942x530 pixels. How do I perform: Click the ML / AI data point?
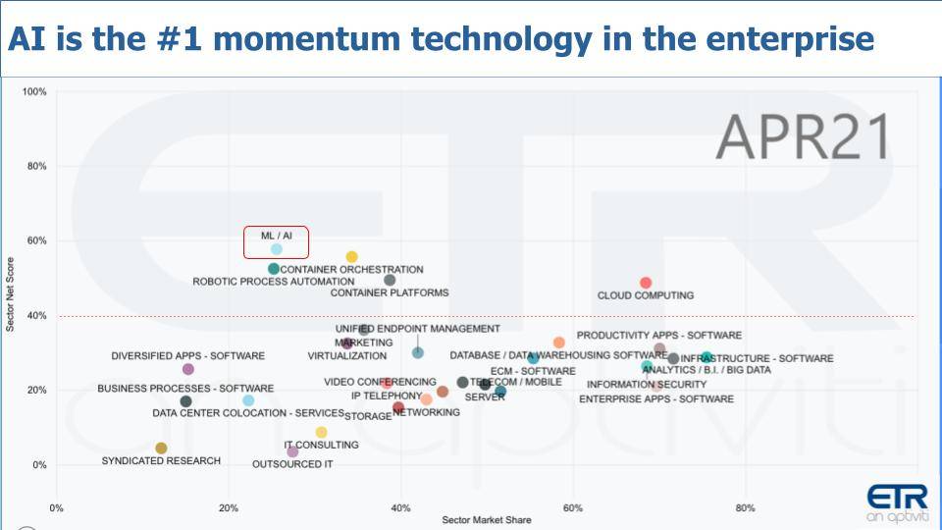277,249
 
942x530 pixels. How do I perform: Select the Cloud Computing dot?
646,283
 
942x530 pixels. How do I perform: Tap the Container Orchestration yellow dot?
351,257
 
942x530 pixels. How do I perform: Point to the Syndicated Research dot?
161,449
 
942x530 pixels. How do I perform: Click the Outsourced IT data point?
292,451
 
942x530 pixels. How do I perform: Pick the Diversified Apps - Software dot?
188,369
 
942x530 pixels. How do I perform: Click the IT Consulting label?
307,445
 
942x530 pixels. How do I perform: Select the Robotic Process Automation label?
274,282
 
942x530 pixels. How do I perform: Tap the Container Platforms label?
390,292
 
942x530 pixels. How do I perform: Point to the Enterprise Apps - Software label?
656,399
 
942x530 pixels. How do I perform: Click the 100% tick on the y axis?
35,92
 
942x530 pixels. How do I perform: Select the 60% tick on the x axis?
573,508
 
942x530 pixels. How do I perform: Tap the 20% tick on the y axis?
37,391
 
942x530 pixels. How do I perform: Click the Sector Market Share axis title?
487,520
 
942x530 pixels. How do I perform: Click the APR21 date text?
804,136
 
